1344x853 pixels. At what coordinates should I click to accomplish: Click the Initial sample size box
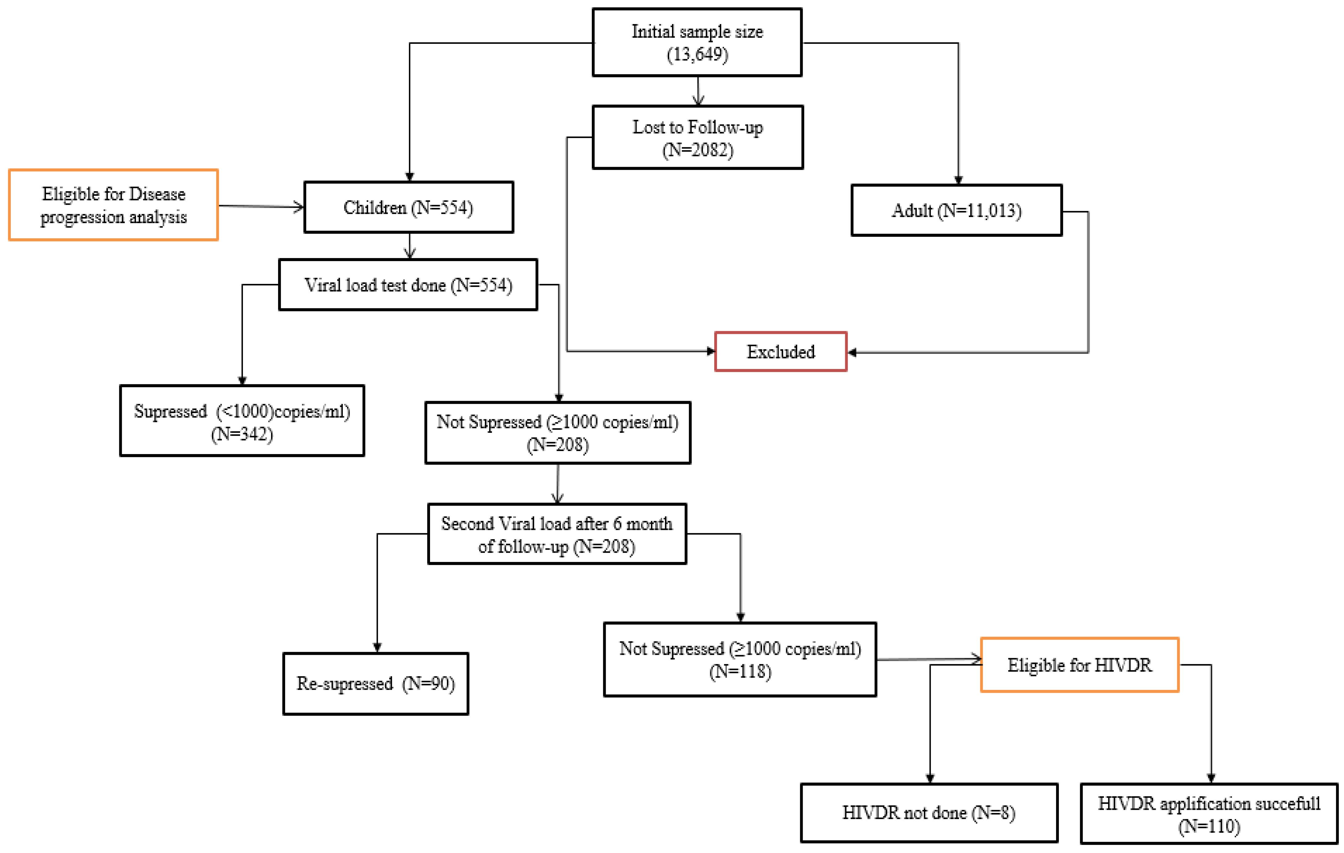697,43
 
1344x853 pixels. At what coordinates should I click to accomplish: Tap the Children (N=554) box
408,207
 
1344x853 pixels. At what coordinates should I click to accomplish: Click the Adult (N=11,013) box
956,211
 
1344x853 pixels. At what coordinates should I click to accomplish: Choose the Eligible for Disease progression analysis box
113,205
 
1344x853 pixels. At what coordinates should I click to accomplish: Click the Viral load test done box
408,285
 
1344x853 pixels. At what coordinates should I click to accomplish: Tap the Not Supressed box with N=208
558,433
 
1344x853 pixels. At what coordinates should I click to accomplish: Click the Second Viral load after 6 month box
557,534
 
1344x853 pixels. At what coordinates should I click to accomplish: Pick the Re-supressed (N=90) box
376,683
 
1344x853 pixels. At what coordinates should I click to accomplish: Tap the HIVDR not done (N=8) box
929,812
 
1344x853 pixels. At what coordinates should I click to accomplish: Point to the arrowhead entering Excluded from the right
852,352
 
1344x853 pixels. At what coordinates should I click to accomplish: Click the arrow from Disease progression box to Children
261,207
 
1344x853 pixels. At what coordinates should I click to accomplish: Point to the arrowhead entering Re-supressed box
377,648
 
